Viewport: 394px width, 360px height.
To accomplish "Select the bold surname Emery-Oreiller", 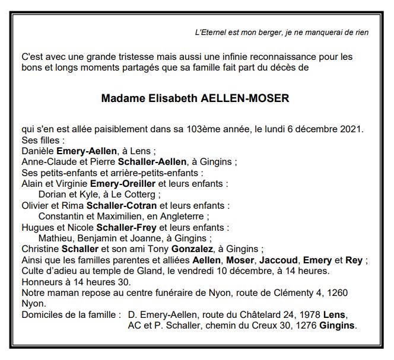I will (131, 184).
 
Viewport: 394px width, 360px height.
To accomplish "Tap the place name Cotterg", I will (142, 195).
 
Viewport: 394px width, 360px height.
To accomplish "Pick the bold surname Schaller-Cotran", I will (133, 205).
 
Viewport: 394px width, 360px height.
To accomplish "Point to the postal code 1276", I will (303, 325).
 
